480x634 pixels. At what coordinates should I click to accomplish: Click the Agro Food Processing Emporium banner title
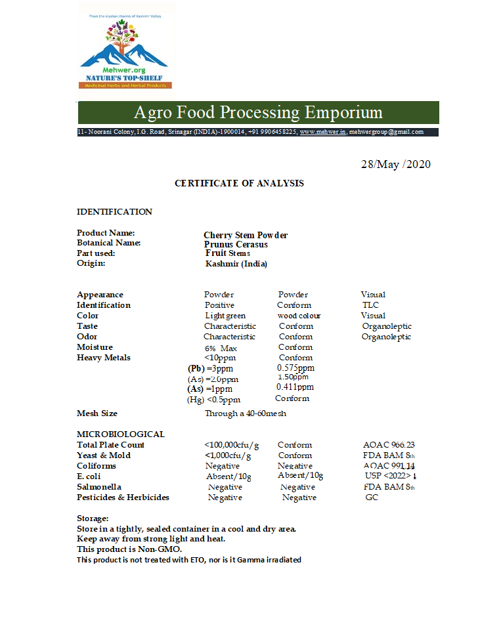tap(258, 112)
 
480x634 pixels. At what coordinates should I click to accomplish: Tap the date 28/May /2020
tap(395, 164)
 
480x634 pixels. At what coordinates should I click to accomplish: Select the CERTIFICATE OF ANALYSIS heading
tap(239, 184)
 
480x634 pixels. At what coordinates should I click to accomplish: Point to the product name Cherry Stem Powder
tap(246, 236)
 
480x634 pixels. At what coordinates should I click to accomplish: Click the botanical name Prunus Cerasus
tap(236, 245)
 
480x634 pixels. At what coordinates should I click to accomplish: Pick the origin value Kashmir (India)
tap(236, 264)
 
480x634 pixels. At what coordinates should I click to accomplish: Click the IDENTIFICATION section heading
tap(114, 212)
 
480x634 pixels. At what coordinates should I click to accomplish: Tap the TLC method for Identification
tap(370, 305)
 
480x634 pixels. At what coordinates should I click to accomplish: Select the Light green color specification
tap(225, 316)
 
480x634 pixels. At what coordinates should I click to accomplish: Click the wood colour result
tap(299, 316)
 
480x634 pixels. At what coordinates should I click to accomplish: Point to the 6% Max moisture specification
tap(221, 348)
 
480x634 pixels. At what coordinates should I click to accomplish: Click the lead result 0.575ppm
tap(295, 368)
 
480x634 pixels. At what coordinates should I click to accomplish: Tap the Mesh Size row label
tap(97, 413)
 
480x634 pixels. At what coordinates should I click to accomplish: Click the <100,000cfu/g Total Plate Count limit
tap(231, 445)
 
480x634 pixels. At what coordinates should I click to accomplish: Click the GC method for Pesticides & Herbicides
tap(372, 497)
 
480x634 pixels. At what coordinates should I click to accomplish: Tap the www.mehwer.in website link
tap(322, 132)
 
